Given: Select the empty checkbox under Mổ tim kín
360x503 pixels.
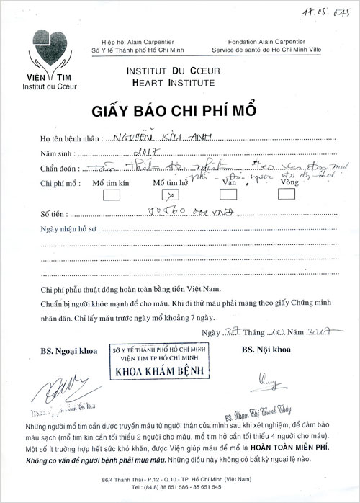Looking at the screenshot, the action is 106,195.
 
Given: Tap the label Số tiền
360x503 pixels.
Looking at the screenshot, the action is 53,214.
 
